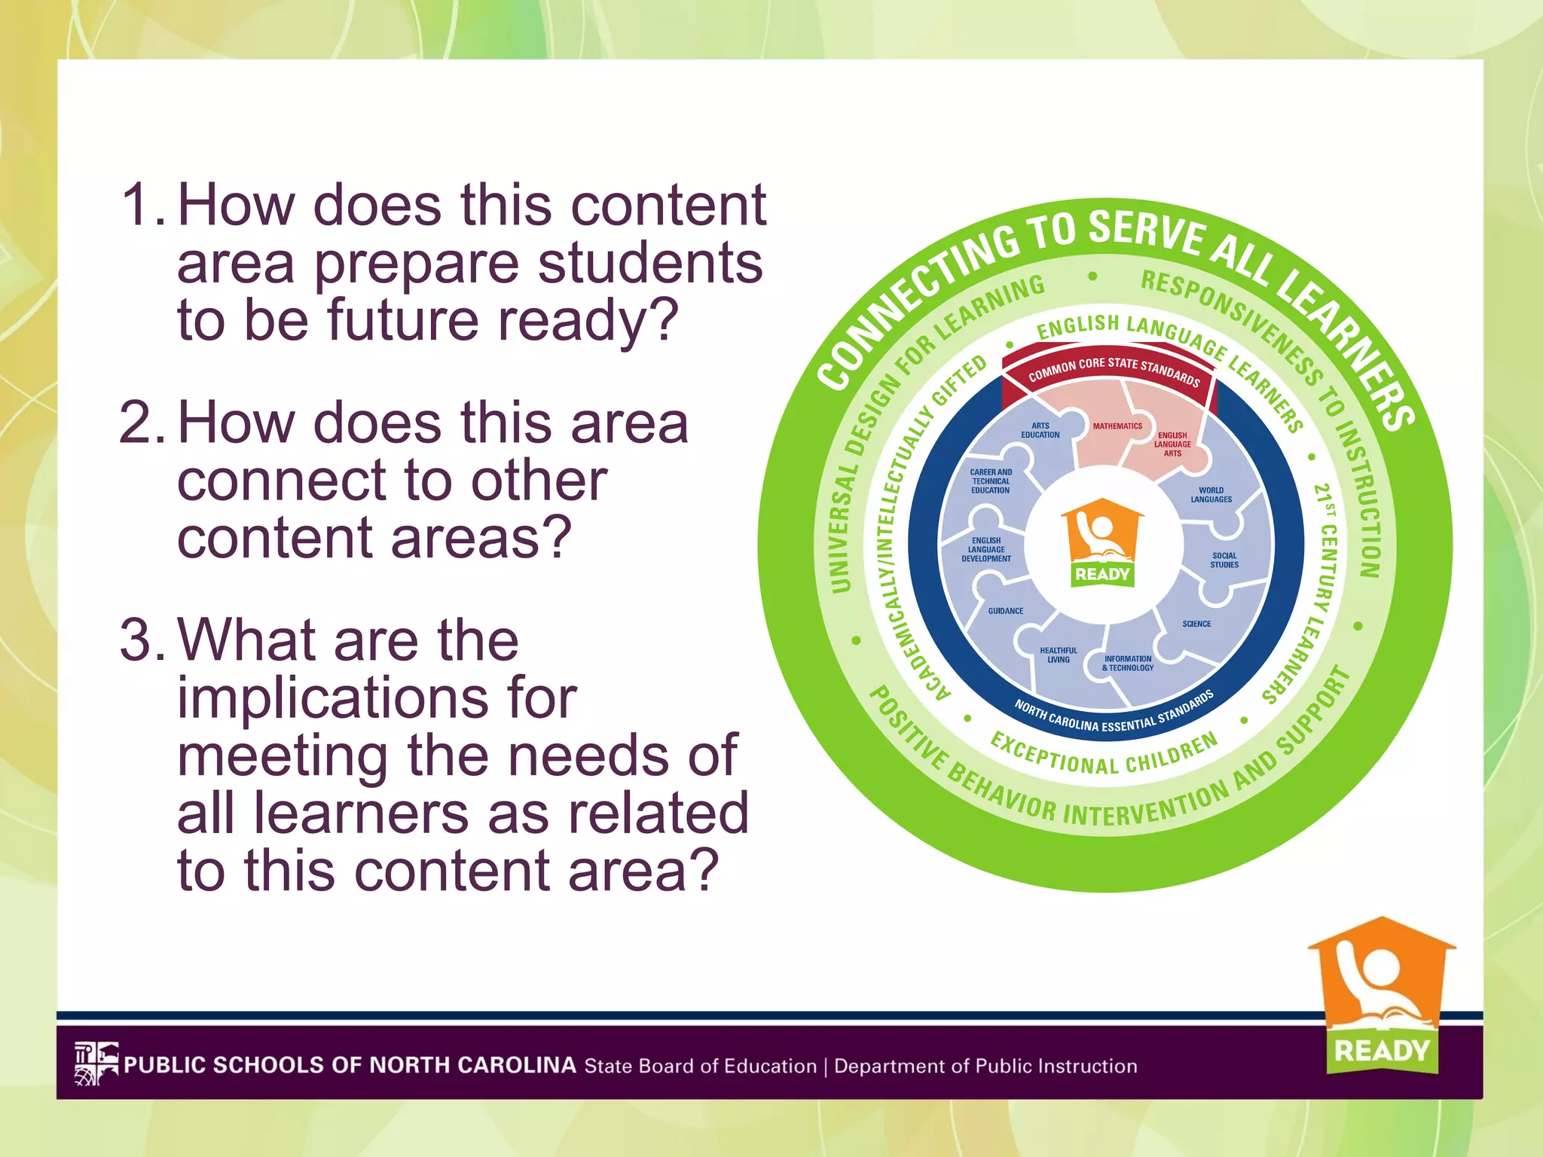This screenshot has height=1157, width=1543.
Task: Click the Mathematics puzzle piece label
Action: point(1117,426)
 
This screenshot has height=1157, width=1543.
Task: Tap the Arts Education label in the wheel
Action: point(1040,430)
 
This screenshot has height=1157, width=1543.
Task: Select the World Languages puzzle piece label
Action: point(1211,495)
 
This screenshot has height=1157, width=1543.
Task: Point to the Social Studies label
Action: point(1224,560)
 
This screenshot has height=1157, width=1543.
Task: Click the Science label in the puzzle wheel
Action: point(1196,624)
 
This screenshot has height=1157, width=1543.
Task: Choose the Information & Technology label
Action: point(1128,663)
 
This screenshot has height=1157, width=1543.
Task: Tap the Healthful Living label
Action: point(1059,655)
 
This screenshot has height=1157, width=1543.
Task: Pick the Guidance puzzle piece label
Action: point(1006,611)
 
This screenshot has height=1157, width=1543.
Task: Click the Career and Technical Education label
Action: point(991,481)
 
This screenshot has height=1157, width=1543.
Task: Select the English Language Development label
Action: point(986,549)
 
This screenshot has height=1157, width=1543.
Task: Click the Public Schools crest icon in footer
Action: point(96,1064)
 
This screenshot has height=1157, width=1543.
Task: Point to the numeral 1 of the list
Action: point(139,204)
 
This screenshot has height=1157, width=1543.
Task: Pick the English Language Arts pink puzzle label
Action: point(1172,444)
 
